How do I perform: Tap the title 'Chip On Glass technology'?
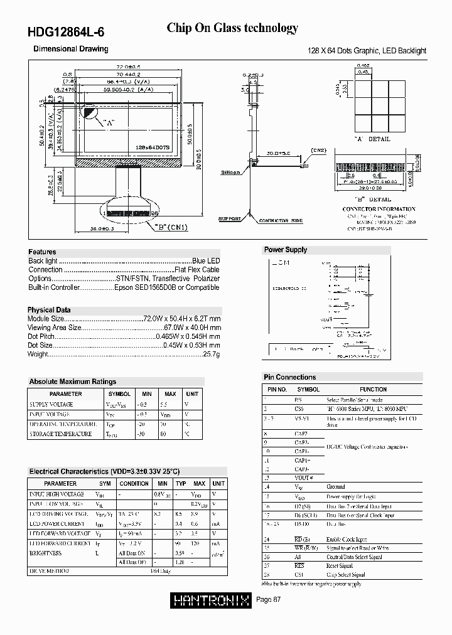coord(232,28)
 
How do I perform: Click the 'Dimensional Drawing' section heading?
coord(70,49)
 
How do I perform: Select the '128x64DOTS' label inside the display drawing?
coord(153,147)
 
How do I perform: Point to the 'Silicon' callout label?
coord(230,172)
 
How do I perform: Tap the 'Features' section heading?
coord(42,252)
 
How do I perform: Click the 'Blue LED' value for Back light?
coord(207,260)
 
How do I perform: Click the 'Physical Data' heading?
coord(49,310)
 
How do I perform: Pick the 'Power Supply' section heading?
coord(286,250)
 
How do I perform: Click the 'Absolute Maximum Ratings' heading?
coord(73,382)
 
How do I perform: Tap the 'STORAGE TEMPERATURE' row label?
coord(60,434)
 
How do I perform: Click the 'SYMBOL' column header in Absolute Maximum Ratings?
coord(119,394)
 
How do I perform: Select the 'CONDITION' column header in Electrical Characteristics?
coord(134,484)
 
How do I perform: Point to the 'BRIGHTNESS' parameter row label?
coord(46,553)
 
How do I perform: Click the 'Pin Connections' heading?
coord(289,377)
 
